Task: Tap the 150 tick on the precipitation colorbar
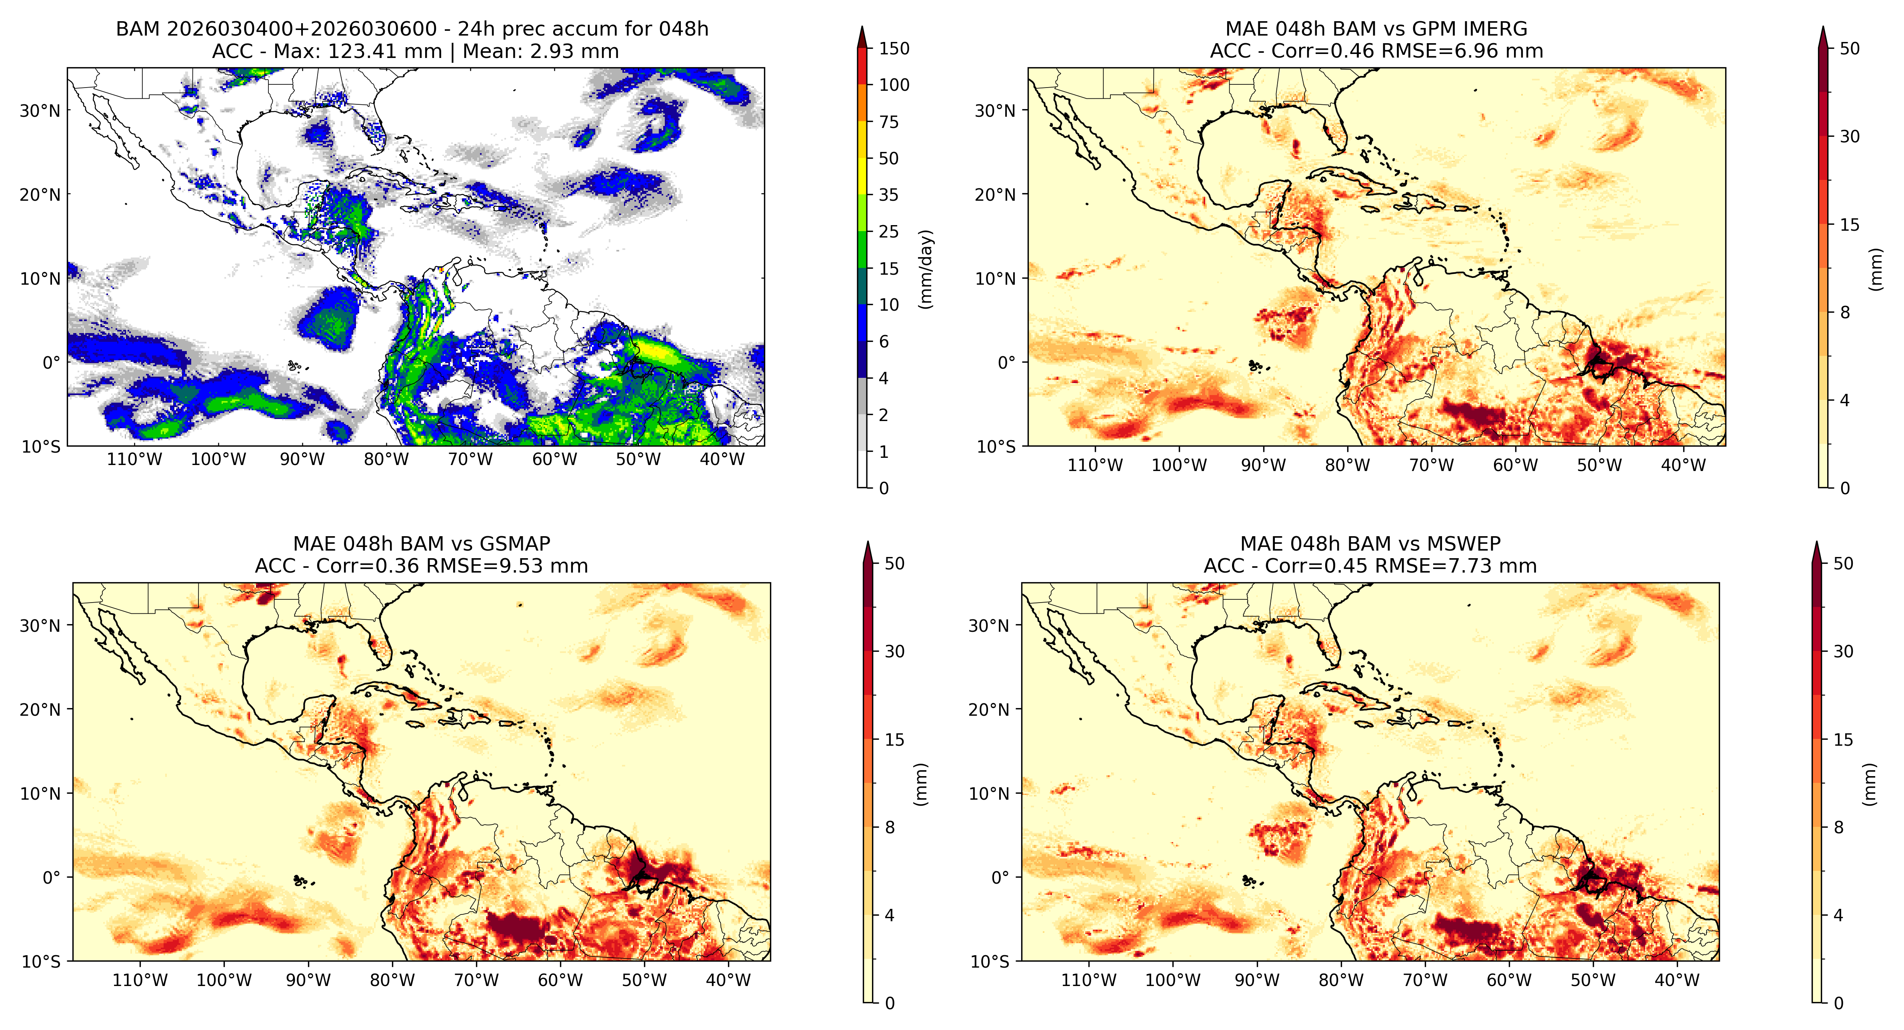pos(894,49)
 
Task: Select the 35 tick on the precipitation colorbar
pos(888,195)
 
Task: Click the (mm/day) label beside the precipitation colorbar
pos(925,269)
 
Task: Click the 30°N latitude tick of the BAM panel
pos(40,111)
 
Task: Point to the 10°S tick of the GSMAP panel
pos(41,961)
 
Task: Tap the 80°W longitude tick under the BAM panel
pos(386,459)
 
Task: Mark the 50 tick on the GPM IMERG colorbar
pos(1849,49)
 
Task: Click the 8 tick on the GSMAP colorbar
pos(890,828)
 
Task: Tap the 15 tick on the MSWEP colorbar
pos(1843,740)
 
